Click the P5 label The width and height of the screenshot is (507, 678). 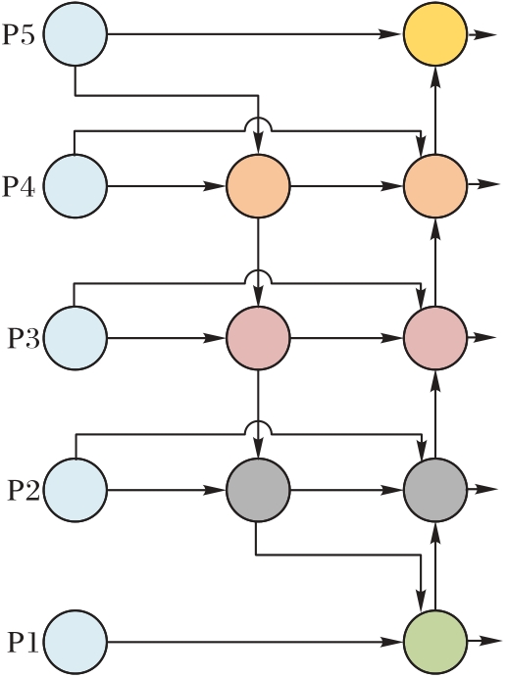pyautogui.click(x=19, y=34)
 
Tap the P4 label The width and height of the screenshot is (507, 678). pyautogui.click(x=19, y=187)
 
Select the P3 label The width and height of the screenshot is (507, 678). pyautogui.click(x=24, y=339)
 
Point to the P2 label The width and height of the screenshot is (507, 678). pyautogui.click(x=24, y=490)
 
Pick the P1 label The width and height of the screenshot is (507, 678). pyautogui.click(x=24, y=643)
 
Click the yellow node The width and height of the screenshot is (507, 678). pyautogui.click(x=435, y=33)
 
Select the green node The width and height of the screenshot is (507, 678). pyautogui.click(x=435, y=642)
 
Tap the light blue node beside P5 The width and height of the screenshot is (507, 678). pyautogui.click(x=75, y=33)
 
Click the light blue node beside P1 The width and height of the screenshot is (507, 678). pyautogui.click(x=75, y=642)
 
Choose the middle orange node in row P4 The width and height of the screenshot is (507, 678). pyautogui.click(x=258, y=186)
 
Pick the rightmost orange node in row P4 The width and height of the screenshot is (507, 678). pyautogui.click(x=435, y=185)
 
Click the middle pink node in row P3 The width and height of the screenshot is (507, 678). pyautogui.click(x=258, y=338)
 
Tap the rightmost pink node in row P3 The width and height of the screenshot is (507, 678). pyautogui.click(x=435, y=338)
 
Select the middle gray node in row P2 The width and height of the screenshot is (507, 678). pyautogui.click(x=258, y=490)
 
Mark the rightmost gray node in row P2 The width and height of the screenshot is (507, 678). pyautogui.click(x=435, y=490)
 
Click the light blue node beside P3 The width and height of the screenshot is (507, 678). pyautogui.click(x=75, y=338)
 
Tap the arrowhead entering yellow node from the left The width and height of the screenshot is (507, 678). pyautogui.click(x=388, y=33)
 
